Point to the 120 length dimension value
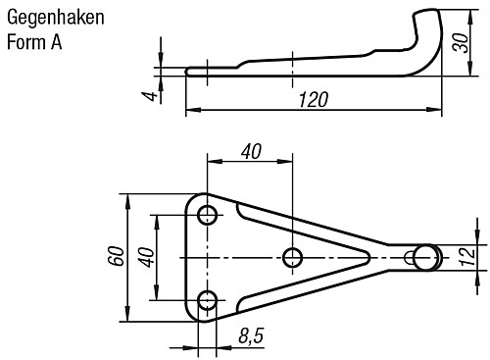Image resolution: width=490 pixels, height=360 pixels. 313,100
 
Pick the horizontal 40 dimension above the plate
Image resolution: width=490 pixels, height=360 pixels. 250,151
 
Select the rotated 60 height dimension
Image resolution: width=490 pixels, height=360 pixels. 116,257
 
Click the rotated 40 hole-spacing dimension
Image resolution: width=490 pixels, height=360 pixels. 145,257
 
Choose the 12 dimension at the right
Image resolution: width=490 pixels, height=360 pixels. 467,256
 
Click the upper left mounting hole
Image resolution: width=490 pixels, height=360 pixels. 207,215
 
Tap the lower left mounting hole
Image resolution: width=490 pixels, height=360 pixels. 207,299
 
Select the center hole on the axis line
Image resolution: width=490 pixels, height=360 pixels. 292,257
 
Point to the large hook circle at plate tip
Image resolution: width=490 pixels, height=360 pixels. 426,257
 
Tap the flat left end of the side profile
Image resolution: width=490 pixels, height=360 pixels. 188,70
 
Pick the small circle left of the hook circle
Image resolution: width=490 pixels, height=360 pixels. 409,257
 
